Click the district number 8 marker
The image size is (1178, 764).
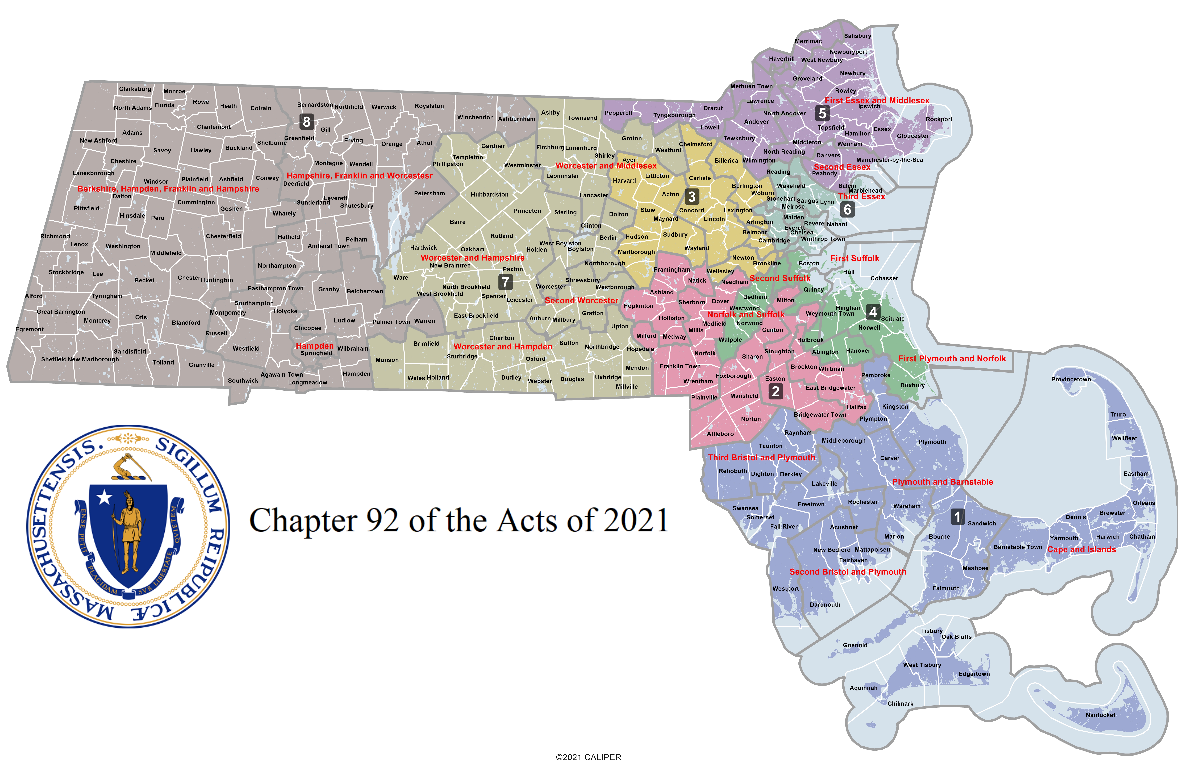[306, 121]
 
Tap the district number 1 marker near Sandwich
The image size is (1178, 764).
[957, 517]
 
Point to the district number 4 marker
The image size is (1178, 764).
[873, 312]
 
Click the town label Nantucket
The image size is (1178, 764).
[1100, 715]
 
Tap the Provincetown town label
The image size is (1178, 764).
[1071, 380]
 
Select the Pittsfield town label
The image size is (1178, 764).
[87, 208]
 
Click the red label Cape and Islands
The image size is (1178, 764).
[1081, 549]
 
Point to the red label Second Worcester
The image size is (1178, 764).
[581, 300]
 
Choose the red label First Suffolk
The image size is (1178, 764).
[855, 258]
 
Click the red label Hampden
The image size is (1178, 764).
[314, 346]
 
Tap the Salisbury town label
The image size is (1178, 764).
[857, 36]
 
